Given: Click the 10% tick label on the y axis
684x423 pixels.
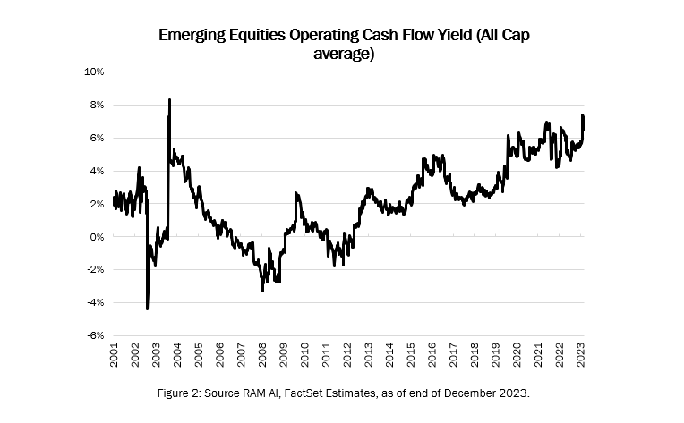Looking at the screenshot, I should point(94,72).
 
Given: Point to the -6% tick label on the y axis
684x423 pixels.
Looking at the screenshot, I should point(95,336).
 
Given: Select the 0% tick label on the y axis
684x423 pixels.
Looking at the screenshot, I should point(97,237).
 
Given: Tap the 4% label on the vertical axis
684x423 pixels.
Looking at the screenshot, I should point(97,171).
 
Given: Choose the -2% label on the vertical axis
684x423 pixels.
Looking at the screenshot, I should point(95,270).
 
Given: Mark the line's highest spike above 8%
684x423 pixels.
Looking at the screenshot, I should point(169,99).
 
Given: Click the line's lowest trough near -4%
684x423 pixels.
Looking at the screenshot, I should point(147,309).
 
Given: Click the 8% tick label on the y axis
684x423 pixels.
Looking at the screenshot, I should point(97,105).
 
